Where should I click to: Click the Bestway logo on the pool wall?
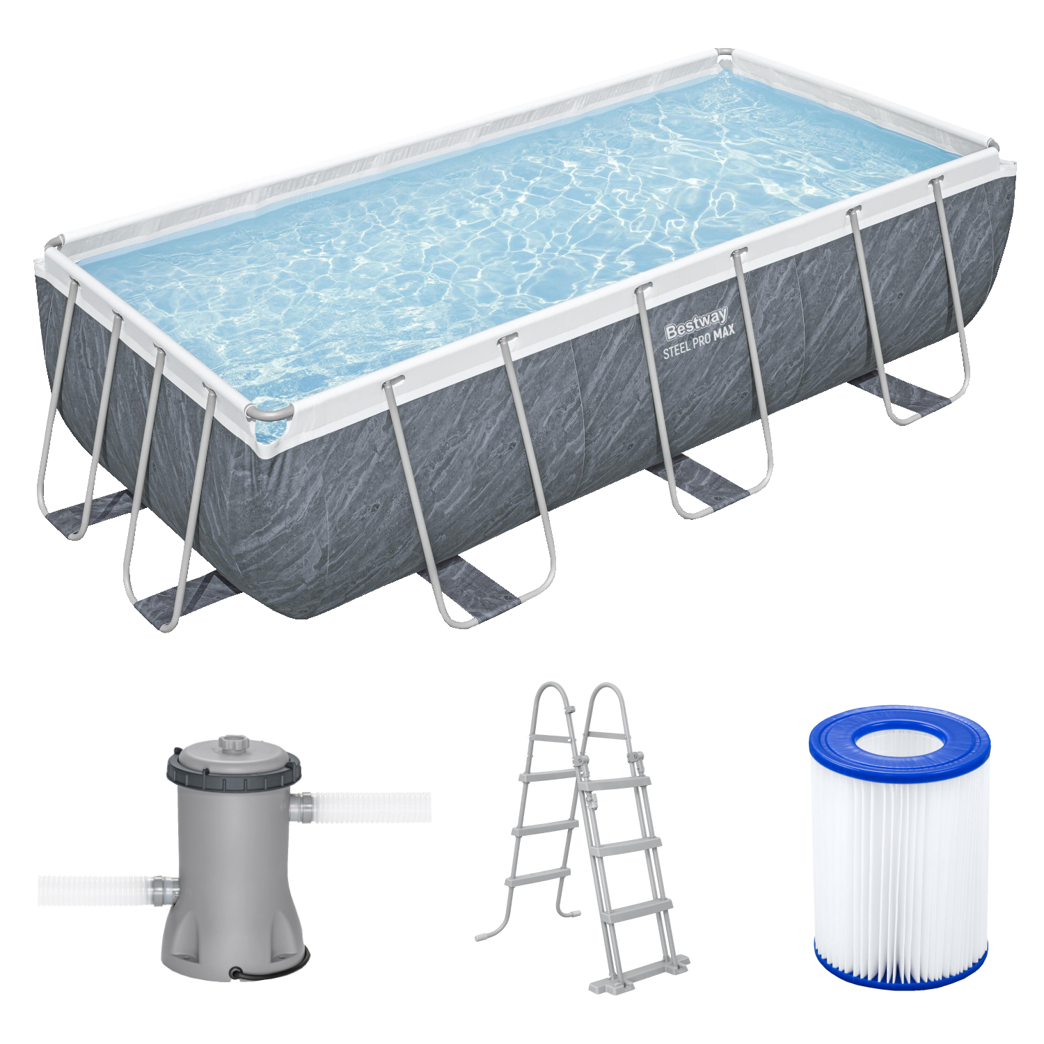click(697, 324)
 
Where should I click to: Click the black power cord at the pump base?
click(271, 969)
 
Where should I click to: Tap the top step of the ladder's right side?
click(616, 782)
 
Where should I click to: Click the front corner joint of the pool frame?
click(268, 413)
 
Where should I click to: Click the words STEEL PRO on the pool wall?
click(686, 347)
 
